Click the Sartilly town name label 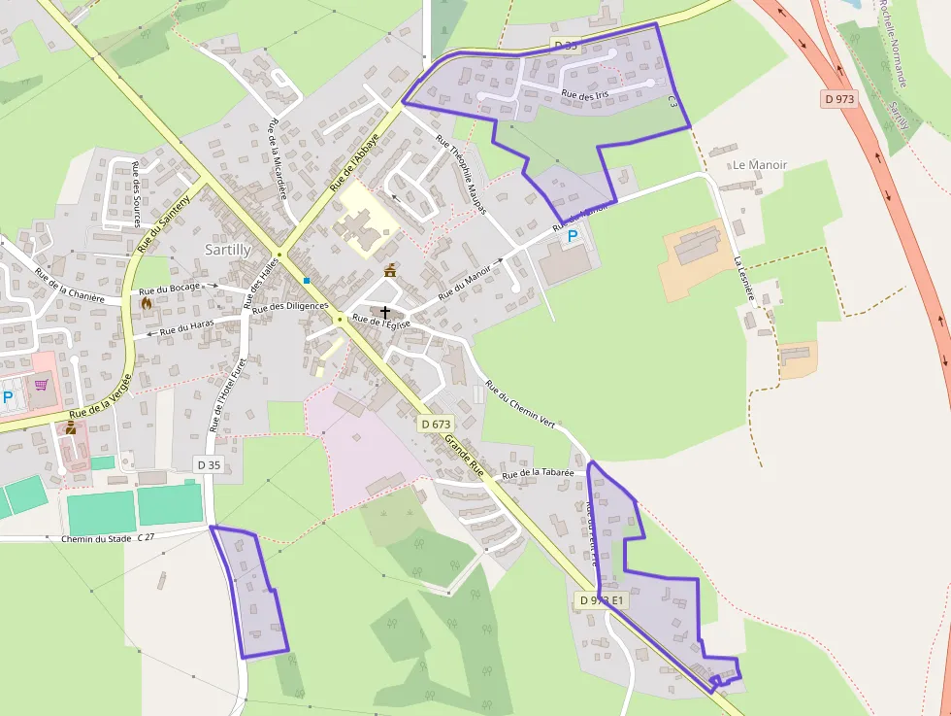[228, 250]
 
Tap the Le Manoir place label [760, 165]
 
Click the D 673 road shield [437, 424]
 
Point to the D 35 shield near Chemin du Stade [209, 465]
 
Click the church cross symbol [385, 312]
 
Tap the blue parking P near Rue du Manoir [573, 236]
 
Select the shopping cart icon [41, 385]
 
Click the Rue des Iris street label [584, 93]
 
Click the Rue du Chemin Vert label [519, 404]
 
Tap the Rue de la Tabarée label [539, 473]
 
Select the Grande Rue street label [464, 455]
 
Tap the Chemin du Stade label [95, 538]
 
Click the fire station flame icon [147, 302]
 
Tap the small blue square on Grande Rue [307, 281]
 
